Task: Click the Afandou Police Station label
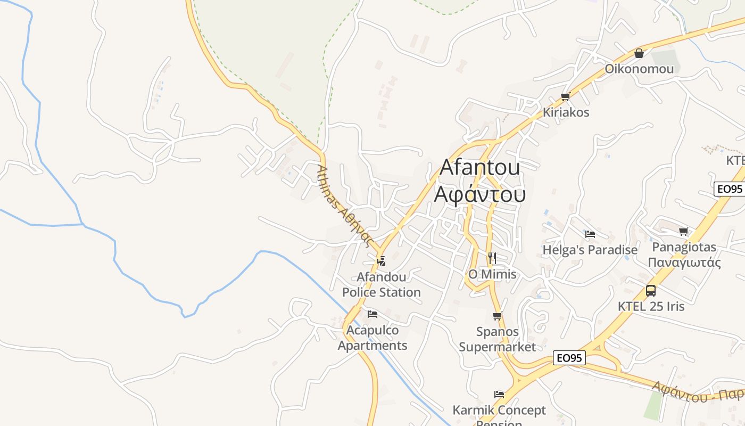coord(381,285)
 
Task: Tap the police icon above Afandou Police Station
coord(380,261)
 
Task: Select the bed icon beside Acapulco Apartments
coord(372,314)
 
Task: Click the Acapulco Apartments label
coord(372,338)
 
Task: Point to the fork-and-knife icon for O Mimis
coord(492,258)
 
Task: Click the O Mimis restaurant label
coord(492,274)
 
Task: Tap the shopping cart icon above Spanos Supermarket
coord(498,316)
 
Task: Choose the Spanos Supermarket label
coord(498,340)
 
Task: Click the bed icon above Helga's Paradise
coord(590,234)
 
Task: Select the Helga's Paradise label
coord(590,250)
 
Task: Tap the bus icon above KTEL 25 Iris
coord(651,291)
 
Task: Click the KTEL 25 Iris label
coord(651,307)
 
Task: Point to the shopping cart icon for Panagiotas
coord(684,232)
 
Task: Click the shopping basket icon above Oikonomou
coord(639,53)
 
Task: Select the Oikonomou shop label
coord(639,69)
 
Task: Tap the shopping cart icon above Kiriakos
coord(566,96)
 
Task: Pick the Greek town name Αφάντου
coord(479,194)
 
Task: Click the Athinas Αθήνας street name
coord(343,205)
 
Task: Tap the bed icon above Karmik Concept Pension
coord(499,395)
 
